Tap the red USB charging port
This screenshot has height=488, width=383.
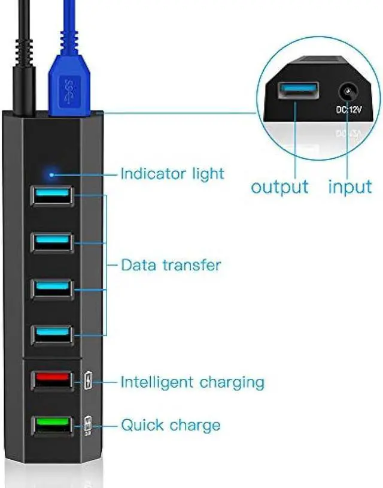click(x=53, y=380)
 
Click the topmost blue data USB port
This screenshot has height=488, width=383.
click(x=53, y=194)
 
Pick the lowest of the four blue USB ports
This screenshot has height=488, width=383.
click(x=53, y=333)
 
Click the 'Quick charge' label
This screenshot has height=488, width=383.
click(x=171, y=426)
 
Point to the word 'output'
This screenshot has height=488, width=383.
click(x=279, y=186)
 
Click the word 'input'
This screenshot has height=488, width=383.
click(x=350, y=186)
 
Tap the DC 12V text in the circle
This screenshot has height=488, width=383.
click(x=349, y=111)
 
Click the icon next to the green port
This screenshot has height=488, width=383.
click(x=89, y=425)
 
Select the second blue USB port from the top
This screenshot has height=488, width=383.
click(x=53, y=241)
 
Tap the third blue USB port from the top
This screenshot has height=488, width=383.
click(x=53, y=287)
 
